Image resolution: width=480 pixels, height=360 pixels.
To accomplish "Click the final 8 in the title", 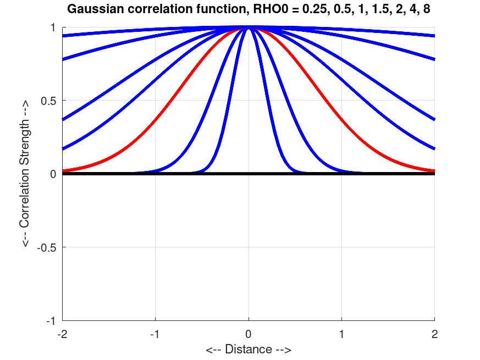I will pyautogui.click(x=427, y=9).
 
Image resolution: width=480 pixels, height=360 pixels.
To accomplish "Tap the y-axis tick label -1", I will pyautogui.click(x=51, y=320).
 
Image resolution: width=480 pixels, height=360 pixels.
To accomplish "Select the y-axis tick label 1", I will pyautogui.click(x=53, y=27).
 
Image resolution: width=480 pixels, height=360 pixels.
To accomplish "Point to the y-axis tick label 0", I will pyautogui.click(x=53, y=174).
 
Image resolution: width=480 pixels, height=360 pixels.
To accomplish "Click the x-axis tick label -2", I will pyautogui.click(x=62, y=334).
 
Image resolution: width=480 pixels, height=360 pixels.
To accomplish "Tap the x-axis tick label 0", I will pyautogui.click(x=249, y=334).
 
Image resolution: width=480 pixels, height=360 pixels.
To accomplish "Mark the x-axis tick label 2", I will pyautogui.click(x=435, y=334).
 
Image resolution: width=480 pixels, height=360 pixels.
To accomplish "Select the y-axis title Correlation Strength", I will pyautogui.click(x=25, y=174).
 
